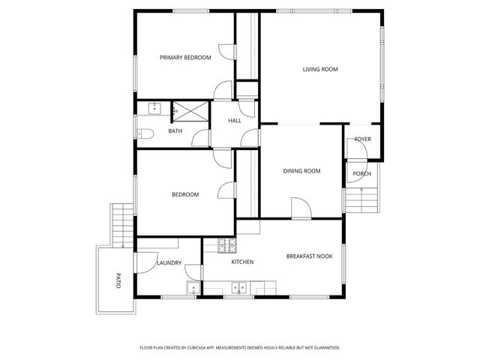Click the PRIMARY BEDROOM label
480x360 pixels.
tap(185, 58)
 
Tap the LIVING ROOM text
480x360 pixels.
tap(320, 70)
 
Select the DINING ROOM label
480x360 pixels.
tap(301, 171)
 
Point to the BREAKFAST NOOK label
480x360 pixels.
tap(309, 256)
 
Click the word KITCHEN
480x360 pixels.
tap(242, 262)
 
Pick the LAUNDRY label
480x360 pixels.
tap(169, 262)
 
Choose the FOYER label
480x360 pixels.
tap(363, 139)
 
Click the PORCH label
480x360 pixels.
tap(362, 174)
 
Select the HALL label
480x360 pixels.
tap(235, 121)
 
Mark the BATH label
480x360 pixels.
tap(175, 131)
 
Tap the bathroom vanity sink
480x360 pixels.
tap(154, 108)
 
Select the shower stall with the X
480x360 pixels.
tap(190, 110)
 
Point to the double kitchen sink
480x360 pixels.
tap(240, 286)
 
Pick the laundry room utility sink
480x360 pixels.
tap(192, 288)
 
